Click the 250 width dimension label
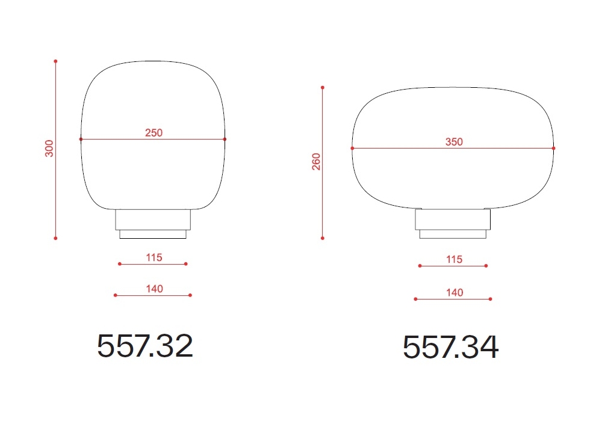point(154,133)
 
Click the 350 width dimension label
point(454,142)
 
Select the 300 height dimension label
point(49,149)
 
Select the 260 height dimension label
point(316,161)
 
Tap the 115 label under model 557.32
point(154,257)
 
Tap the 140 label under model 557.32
point(154,289)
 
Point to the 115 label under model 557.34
point(454,259)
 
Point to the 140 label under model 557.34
point(455,292)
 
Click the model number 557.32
point(144,346)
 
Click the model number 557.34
point(450,347)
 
